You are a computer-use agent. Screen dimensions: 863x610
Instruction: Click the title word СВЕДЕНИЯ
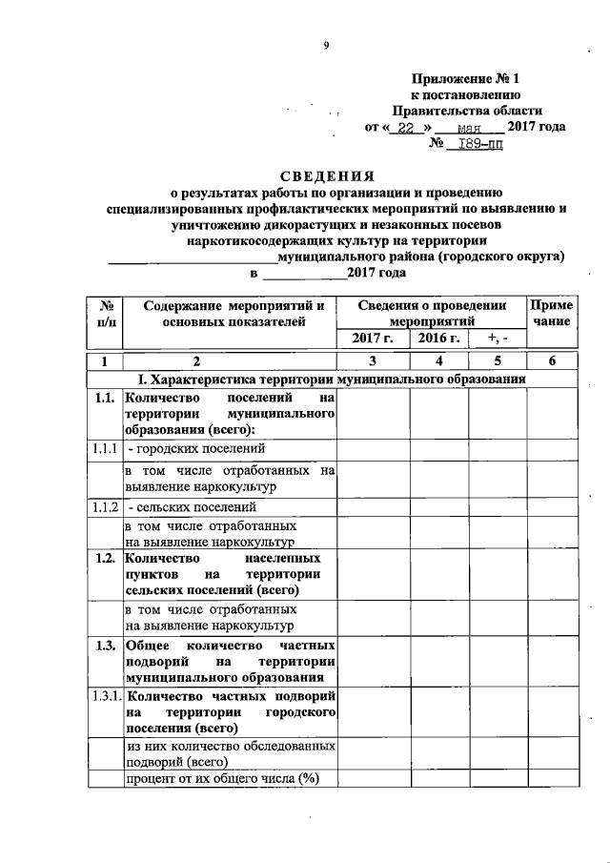pos(326,176)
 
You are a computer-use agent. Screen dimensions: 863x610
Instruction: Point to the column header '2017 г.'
pos(372,338)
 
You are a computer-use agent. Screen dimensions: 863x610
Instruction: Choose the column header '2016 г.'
pos(438,338)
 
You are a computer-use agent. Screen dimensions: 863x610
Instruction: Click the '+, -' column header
pos(498,338)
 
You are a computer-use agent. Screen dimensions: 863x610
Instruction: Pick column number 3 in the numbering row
pos(372,360)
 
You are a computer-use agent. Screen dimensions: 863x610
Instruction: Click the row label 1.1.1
pos(105,447)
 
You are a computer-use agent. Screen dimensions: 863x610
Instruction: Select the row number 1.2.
pos(105,557)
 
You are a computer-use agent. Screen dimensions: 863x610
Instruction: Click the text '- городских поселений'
pos(193,447)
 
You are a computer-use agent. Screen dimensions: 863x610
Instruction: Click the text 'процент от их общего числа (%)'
pos(219,779)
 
